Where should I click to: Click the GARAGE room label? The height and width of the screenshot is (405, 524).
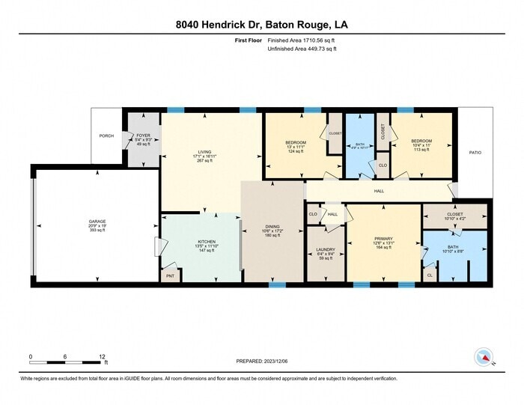tap(97, 222)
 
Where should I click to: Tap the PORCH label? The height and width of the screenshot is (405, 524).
tap(106, 136)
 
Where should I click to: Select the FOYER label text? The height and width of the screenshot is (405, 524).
tap(143, 135)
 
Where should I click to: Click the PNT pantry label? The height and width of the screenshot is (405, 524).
tap(170, 275)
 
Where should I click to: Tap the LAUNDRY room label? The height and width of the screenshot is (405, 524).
tap(325, 249)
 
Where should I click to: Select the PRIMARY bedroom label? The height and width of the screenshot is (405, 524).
tap(383, 239)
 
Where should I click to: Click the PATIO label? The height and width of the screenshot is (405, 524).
tap(475, 153)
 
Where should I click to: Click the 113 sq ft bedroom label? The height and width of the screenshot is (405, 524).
tap(421, 141)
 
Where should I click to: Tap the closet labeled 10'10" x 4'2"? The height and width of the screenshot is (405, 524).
tap(455, 213)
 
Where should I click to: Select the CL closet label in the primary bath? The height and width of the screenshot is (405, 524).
tap(430, 274)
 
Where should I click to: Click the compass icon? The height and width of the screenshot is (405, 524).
tap(484, 356)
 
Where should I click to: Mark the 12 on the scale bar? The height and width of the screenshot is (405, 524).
tap(101, 356)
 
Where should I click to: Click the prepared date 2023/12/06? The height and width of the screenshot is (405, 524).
tap(261, 361)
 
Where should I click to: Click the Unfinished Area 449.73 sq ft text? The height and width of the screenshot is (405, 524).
tap(302, 49)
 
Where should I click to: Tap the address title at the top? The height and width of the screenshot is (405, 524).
tap(261, 25)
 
